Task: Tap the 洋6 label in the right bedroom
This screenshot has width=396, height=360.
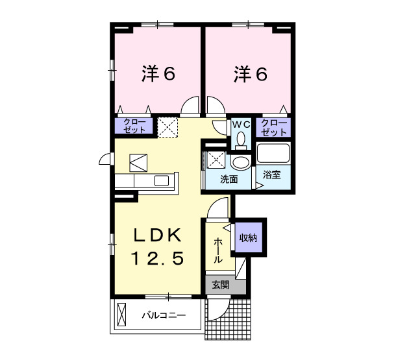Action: (x=250, y=75)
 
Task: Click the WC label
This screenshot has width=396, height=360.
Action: (x=241, y=123)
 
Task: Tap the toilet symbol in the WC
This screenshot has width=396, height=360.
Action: (x=241, y=139)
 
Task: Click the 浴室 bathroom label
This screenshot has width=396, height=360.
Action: (x=271, y=175)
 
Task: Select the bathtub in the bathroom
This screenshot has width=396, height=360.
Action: (x=273, y=154)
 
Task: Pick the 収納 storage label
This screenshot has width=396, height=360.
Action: (x=248, y=238)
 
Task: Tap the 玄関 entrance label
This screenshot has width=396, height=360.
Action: (x=220, y=285)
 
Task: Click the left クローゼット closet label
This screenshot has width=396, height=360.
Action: (x=134, y=126)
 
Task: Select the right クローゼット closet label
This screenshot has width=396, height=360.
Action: (x=273, y=126)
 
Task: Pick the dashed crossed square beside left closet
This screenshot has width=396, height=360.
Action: (x=168, y=126)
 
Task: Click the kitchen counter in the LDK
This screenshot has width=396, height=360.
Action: (x=147, y=181)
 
